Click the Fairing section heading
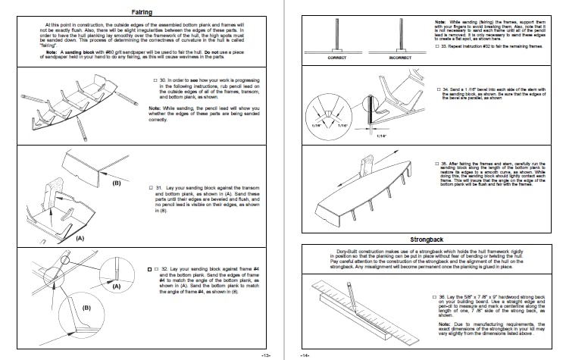[139, 13]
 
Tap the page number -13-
[265, 355]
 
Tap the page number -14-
[305, 355]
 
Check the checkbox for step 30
[155, 80]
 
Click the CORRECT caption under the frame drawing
[337, 58]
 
